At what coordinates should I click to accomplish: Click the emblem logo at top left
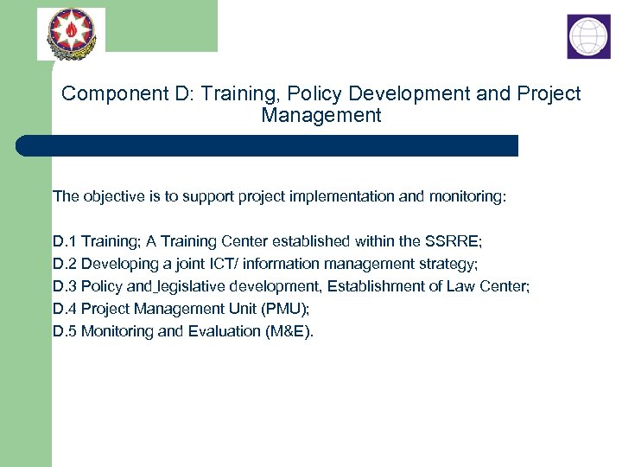point(70,34)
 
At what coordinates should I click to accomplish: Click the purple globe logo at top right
point(588,36)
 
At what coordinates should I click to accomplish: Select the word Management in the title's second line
point(321,115)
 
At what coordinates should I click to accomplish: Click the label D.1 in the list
point(65,241)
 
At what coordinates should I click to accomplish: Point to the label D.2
point(65,264)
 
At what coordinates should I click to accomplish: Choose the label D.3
point(65,286)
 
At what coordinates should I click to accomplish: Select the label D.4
point(65,309)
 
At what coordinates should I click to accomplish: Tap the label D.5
point(65,331)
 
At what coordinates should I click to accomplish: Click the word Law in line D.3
point(462,286)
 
